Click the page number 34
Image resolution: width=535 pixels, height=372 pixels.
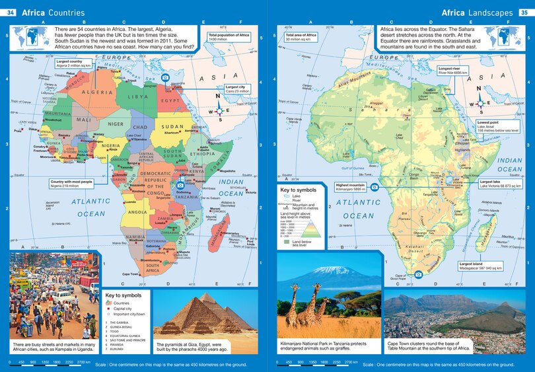[x=10, y=12]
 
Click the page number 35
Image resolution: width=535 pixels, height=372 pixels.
[x=524, y=12]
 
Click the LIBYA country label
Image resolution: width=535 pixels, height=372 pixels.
[x=138, y=96]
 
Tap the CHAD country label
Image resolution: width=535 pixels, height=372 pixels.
[x=140, y=127]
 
